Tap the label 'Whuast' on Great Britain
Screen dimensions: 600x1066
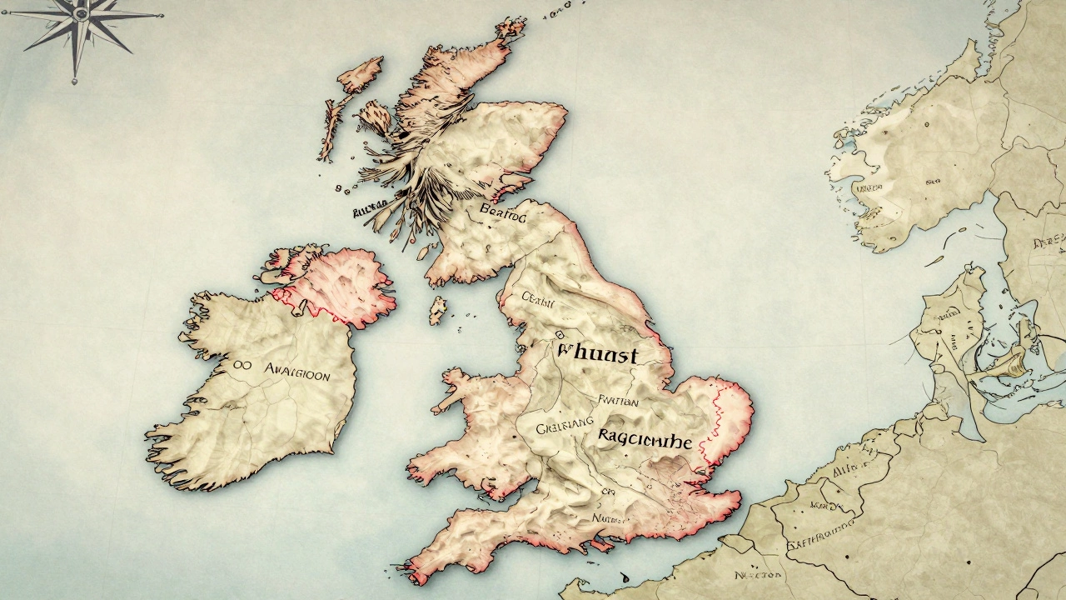596,355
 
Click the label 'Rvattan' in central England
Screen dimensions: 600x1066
616,402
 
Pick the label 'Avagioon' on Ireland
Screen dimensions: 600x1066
296,374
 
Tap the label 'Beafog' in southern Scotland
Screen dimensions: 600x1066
503,215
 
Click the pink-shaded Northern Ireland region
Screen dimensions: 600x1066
337,283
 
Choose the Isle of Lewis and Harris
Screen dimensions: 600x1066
361,75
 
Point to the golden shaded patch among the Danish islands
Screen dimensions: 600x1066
1010,362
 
